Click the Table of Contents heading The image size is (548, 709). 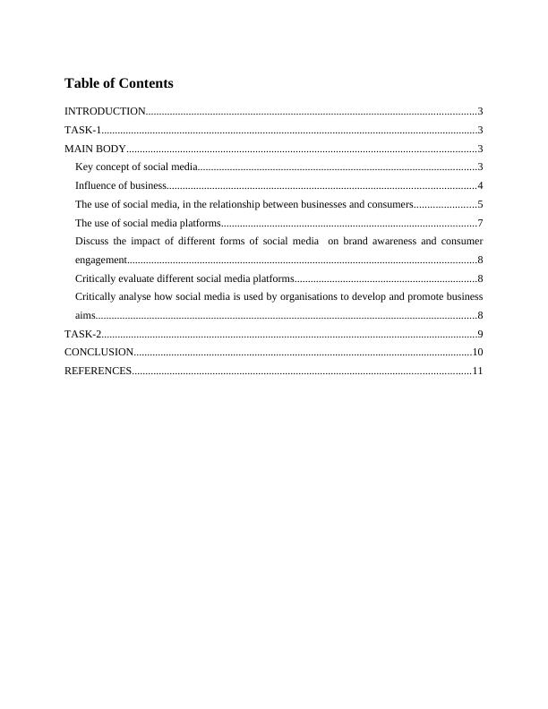tap(119, 83)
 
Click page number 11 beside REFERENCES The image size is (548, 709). tap(477, 371)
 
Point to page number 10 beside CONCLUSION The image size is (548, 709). tap(477, 353)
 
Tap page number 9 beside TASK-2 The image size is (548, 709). tap(480, 334)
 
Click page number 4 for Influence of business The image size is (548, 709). tap(480, 186)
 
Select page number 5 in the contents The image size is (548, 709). tap(480, 205)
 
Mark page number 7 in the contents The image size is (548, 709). tap(480, 223)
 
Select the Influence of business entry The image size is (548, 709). tap(120, 186)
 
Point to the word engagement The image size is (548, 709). tap(100, 261)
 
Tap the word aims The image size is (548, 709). tap(84, 315)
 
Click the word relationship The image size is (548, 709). tap(236, 205)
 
